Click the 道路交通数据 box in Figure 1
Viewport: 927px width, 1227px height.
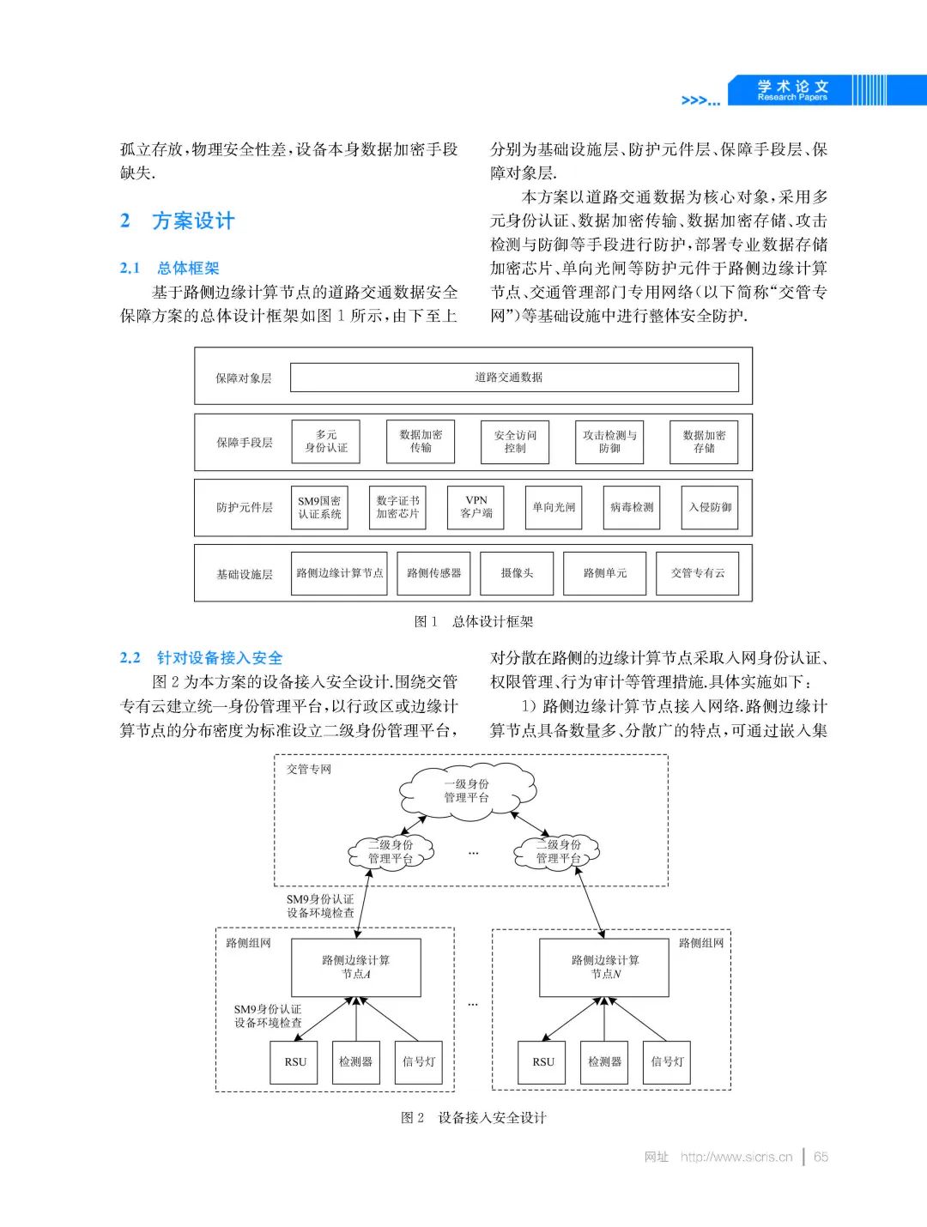click(514, 377)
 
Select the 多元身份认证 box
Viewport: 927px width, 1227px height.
click(326, 442)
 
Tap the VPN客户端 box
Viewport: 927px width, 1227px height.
click(476, 507)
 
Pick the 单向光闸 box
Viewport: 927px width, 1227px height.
click(554, 507)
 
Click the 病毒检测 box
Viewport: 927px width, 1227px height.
click(632, 507)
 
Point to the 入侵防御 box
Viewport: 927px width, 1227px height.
click(710, 507)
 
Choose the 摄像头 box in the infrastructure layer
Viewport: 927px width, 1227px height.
click(517, 573)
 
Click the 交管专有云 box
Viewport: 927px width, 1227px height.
click(698, 573)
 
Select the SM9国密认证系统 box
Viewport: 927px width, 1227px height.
click(319, 507)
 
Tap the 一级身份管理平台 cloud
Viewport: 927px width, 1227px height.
click(466, 791)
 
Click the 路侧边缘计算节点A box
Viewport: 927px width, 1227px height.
click(355, 967)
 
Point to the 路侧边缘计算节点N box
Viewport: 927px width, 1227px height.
click(604, 967)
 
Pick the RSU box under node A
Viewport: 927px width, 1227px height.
click(295, 1062)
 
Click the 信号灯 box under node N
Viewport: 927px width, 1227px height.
click(667, 1062)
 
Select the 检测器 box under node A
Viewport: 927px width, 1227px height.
click(355, 1062)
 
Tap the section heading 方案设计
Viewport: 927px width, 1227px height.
click(193, 221)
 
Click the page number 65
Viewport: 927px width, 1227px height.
click(821, 1157)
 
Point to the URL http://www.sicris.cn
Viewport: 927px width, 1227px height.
click(736, 1157)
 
